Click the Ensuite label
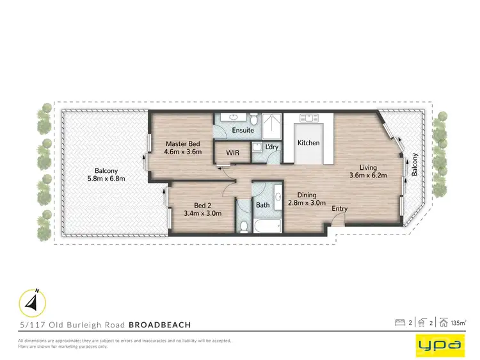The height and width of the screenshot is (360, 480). [x=243, y=130]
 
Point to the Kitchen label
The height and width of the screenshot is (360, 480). [x=308, y=143]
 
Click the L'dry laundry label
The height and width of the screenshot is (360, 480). [x=271, y=147]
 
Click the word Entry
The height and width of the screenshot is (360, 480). [x=340, y=208]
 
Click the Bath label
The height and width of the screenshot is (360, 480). [x=263, y=206]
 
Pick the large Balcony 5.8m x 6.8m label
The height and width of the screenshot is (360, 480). [x=106, y=174]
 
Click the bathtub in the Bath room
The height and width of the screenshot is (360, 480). [x=268, y=226]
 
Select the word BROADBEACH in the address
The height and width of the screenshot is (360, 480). [x=159, y=325]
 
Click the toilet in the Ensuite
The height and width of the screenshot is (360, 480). [x=254, y=119]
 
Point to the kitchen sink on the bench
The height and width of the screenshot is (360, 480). [x=308, y=118]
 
